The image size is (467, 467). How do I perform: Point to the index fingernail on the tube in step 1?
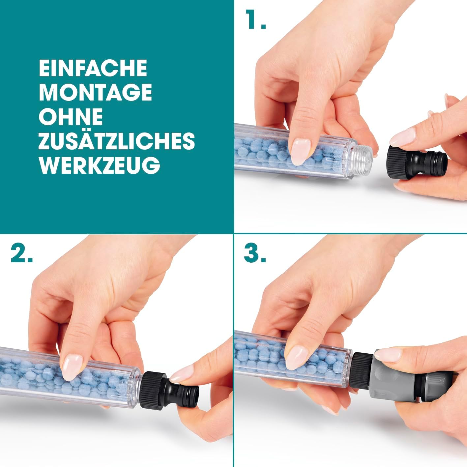click(301, 152)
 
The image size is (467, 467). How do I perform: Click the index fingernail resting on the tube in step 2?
click(72, 367)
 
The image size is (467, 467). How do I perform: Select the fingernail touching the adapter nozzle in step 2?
click(182, 374)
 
